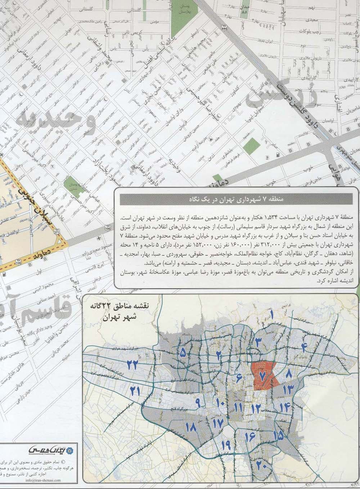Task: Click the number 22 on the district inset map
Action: pyautogui.click(x=132, y=364)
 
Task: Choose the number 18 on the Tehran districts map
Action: pyautogui.click(x=191, y=428)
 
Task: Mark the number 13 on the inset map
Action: pyautogui.click(x=288, y=389)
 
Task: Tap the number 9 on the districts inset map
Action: pyautogui.click(x=198, y=402)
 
